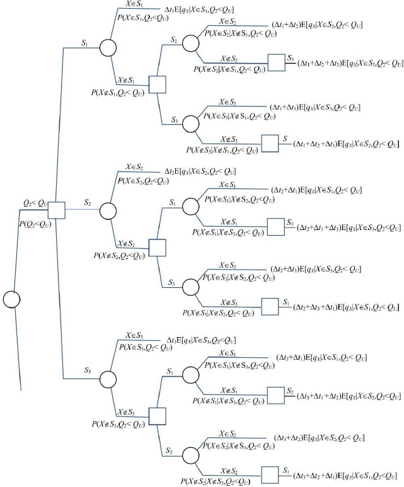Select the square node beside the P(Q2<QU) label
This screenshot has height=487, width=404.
pyautogui.click(x=57, y=210)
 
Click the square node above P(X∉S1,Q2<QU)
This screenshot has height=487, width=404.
pyautogui.click(x=158, y=84)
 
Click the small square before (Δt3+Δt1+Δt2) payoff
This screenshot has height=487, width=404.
pyautogui.click(x=275, y=395)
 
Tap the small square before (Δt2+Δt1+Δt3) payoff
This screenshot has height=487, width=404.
pyautogui.click(x=275, y=226)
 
